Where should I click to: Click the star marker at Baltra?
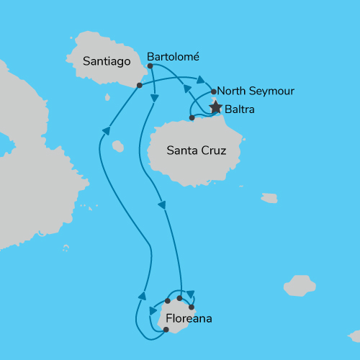click(x=215, y=108)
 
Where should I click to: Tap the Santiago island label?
click(x=107, y=62)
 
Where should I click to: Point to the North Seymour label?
click(x=256, y=91)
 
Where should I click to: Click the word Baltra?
click(x=239, y=110)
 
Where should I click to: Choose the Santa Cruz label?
click(x=197, y=151)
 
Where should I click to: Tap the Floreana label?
click(x=189, y=318)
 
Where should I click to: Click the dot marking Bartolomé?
click(x=150, y=66)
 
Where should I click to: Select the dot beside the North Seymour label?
click(x=214, y=91)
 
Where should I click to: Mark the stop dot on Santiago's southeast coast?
click(x=138, y=86)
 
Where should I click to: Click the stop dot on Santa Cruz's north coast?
click(x=192, y=117)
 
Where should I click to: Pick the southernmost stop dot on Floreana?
click(x=166, y=330)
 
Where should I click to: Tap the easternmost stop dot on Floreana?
click(x=192, y=307)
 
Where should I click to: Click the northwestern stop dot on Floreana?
click(x=167, y=301)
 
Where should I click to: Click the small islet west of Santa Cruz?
click(x=118, y=147)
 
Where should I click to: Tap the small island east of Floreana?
click(x=300, y=285)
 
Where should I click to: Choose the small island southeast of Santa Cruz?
click(x=269, y=197)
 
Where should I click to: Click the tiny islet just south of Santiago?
click(x=107, y=96)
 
